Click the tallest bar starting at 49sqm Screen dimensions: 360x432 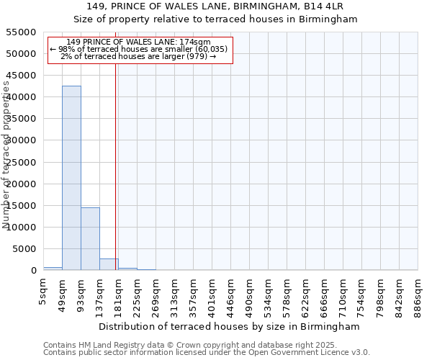[x=71, y=178]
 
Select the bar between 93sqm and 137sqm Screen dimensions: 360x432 [x=90, y=238]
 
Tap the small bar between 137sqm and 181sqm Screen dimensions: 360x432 [x=109, y=264]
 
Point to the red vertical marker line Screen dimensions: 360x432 [x=116, y=166]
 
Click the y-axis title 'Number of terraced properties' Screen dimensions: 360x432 [x=7, y=154]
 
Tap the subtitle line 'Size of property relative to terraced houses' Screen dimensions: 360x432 [x=216, y=19]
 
